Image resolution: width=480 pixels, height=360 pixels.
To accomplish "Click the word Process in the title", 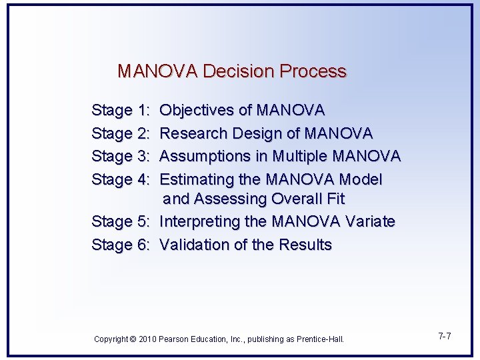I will click(x=313, y=71).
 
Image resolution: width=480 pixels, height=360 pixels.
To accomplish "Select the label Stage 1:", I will click(x=121, y=110).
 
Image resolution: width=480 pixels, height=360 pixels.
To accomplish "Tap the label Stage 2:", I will click(x=121, y=133).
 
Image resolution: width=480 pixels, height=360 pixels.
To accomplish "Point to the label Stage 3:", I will click(x=121, y=156).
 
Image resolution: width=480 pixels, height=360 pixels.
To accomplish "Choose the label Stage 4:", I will click(x=121, y=179).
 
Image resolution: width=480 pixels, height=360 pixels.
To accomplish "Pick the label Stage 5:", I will click(x=121, y=221).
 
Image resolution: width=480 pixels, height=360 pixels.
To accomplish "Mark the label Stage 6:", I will click(x=121, y=245).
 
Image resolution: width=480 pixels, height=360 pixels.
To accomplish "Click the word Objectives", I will click(x=197, y=110).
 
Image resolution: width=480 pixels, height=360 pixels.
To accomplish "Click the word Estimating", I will click(x=197, y=179).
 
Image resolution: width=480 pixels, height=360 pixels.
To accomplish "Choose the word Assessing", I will click(x=231, y=199).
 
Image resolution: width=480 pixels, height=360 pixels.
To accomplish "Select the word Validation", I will click(x=194, y=245).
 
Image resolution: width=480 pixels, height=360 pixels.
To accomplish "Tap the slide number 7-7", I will click(x=445, y=336).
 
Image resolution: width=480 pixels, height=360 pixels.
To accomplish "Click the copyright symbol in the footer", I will click(x=133, y=339).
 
